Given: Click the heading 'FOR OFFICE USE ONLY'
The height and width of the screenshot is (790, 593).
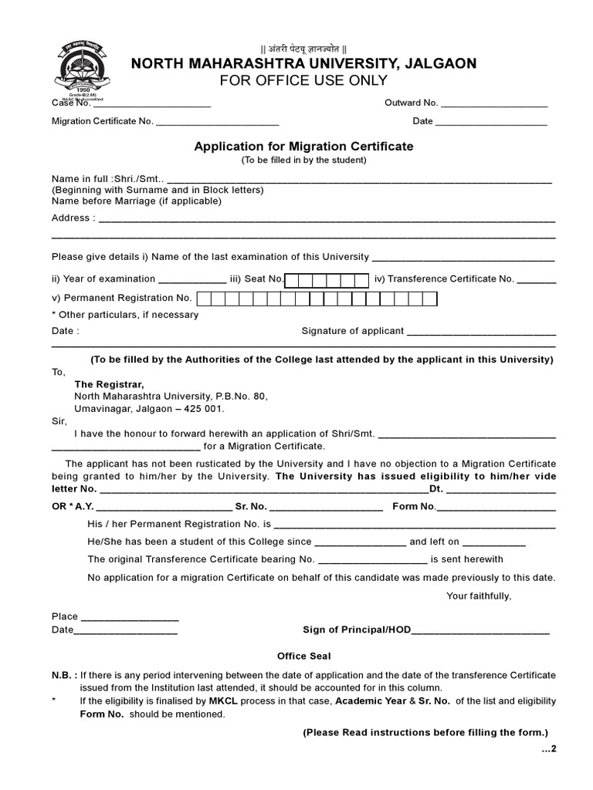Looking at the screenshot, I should [x=303, y=81].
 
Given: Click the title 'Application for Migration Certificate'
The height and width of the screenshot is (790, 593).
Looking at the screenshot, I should [x=303, y=146].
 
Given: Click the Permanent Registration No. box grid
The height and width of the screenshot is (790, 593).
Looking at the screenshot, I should [x=317, y=299].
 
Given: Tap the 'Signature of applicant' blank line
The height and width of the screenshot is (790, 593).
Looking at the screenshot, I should [x=481, y=333].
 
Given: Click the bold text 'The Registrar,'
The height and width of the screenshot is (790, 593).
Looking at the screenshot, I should [x=109, y=384].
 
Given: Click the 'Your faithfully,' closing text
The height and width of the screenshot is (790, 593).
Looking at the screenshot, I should [x=479, y=596].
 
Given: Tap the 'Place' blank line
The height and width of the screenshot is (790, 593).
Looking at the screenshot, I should [x=130, y=618].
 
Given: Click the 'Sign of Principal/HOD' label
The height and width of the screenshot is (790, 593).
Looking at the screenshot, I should [x=357, y=630].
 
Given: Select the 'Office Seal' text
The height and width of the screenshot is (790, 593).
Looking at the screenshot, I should [x=304, y=657].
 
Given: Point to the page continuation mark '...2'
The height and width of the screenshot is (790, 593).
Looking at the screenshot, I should [x=548, y=749].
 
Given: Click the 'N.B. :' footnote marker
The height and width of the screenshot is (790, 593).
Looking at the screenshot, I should [x=63, y=675].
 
